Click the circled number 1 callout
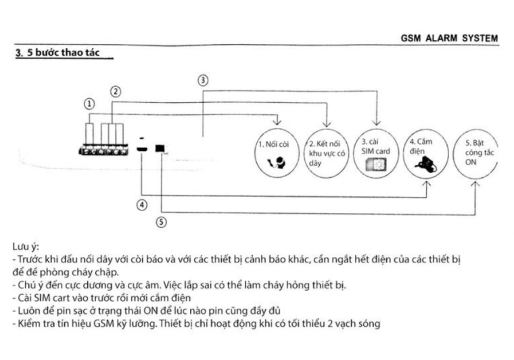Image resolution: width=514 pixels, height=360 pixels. coord(89,104)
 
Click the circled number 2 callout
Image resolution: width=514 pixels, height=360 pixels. coord(116,91)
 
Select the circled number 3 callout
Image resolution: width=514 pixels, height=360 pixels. coord(202,80)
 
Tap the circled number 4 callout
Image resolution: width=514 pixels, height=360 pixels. coord(141,204)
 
